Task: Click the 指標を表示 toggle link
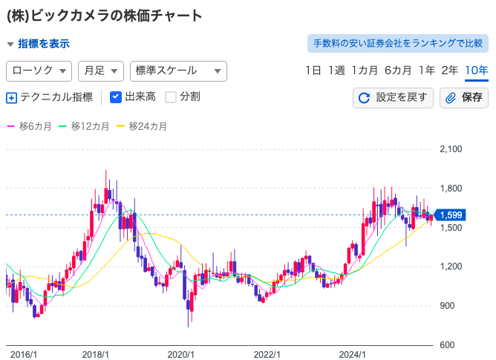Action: coord(43,44)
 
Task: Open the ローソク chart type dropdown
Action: coord(39,71)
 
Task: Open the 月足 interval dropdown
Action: coord(100,71)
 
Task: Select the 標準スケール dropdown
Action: coord(177,71)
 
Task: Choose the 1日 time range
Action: coord(313,71)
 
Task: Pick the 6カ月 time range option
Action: coord(398,71)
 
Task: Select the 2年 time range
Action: coord(449,71)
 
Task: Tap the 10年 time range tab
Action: coord(476,71)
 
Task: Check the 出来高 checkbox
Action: coord(116,96)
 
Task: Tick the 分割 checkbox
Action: coord(171,96)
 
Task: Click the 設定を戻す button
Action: coord(393,97)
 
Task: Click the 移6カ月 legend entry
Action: coord(30,126)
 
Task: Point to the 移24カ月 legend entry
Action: coord(143,126)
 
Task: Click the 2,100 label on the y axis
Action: coord(451,149)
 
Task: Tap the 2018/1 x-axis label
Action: coord(96,354)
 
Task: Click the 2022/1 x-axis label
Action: coord(268,354)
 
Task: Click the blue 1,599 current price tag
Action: coord(451,215)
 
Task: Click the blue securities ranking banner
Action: coord(398,44)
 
